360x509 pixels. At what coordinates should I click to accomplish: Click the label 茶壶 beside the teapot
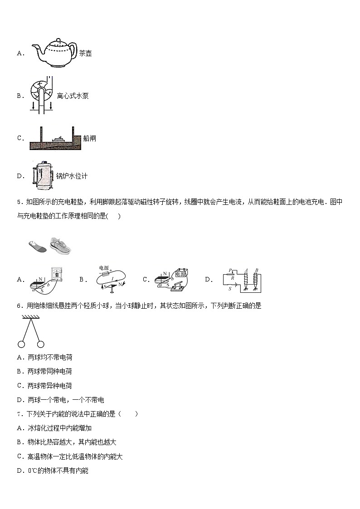coord(85,53)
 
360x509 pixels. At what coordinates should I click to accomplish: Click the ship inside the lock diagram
coord(59,139)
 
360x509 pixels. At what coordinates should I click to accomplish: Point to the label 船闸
coord(90,138)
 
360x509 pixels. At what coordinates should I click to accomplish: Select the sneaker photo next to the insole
coord(60,245)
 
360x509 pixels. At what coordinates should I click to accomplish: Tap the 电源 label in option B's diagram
coord(104,268)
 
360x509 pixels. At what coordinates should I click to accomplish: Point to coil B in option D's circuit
coord(256,281)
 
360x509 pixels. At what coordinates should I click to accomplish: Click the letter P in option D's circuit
coord(230,270)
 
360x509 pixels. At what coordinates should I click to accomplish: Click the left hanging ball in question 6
coord(21,344)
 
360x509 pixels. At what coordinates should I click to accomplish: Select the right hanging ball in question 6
coord(41,344)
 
